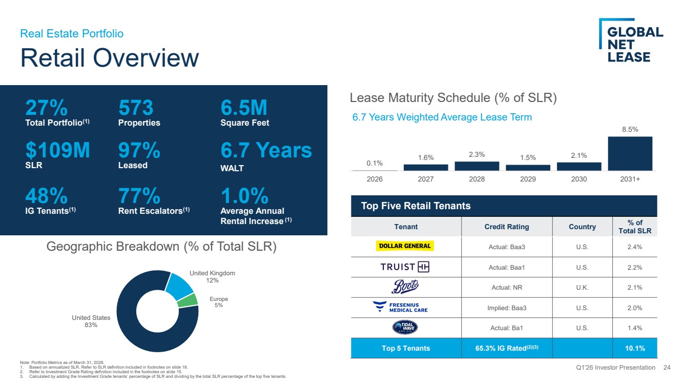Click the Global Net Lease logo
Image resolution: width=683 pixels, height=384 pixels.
[631, 41]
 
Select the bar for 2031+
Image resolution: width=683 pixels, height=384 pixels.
[630, 153]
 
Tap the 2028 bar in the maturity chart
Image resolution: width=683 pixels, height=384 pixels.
[477, 166]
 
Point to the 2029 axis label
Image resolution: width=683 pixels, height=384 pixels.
[528, 179]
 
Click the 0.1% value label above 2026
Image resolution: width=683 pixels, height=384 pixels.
[375, 163]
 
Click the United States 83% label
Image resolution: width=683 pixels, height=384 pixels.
[91, 321]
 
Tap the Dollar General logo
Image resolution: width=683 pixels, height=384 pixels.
[405, 246]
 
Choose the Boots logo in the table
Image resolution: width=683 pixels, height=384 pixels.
[405, 287]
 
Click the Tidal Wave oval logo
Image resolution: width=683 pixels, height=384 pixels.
[405, 327]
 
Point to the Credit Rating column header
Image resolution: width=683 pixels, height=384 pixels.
[506, 227]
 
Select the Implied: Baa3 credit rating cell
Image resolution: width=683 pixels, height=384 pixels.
[507, 308]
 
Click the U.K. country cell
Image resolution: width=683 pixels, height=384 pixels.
[582, 287]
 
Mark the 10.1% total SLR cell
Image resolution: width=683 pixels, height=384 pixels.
[635, 348]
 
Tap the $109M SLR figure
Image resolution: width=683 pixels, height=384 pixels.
[57, 150]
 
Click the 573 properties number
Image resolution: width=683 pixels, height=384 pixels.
[136, 107]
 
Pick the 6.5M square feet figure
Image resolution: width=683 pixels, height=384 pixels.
[243, 107]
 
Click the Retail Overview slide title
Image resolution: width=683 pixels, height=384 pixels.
[110, 57]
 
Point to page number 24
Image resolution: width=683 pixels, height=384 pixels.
[667, 368]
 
